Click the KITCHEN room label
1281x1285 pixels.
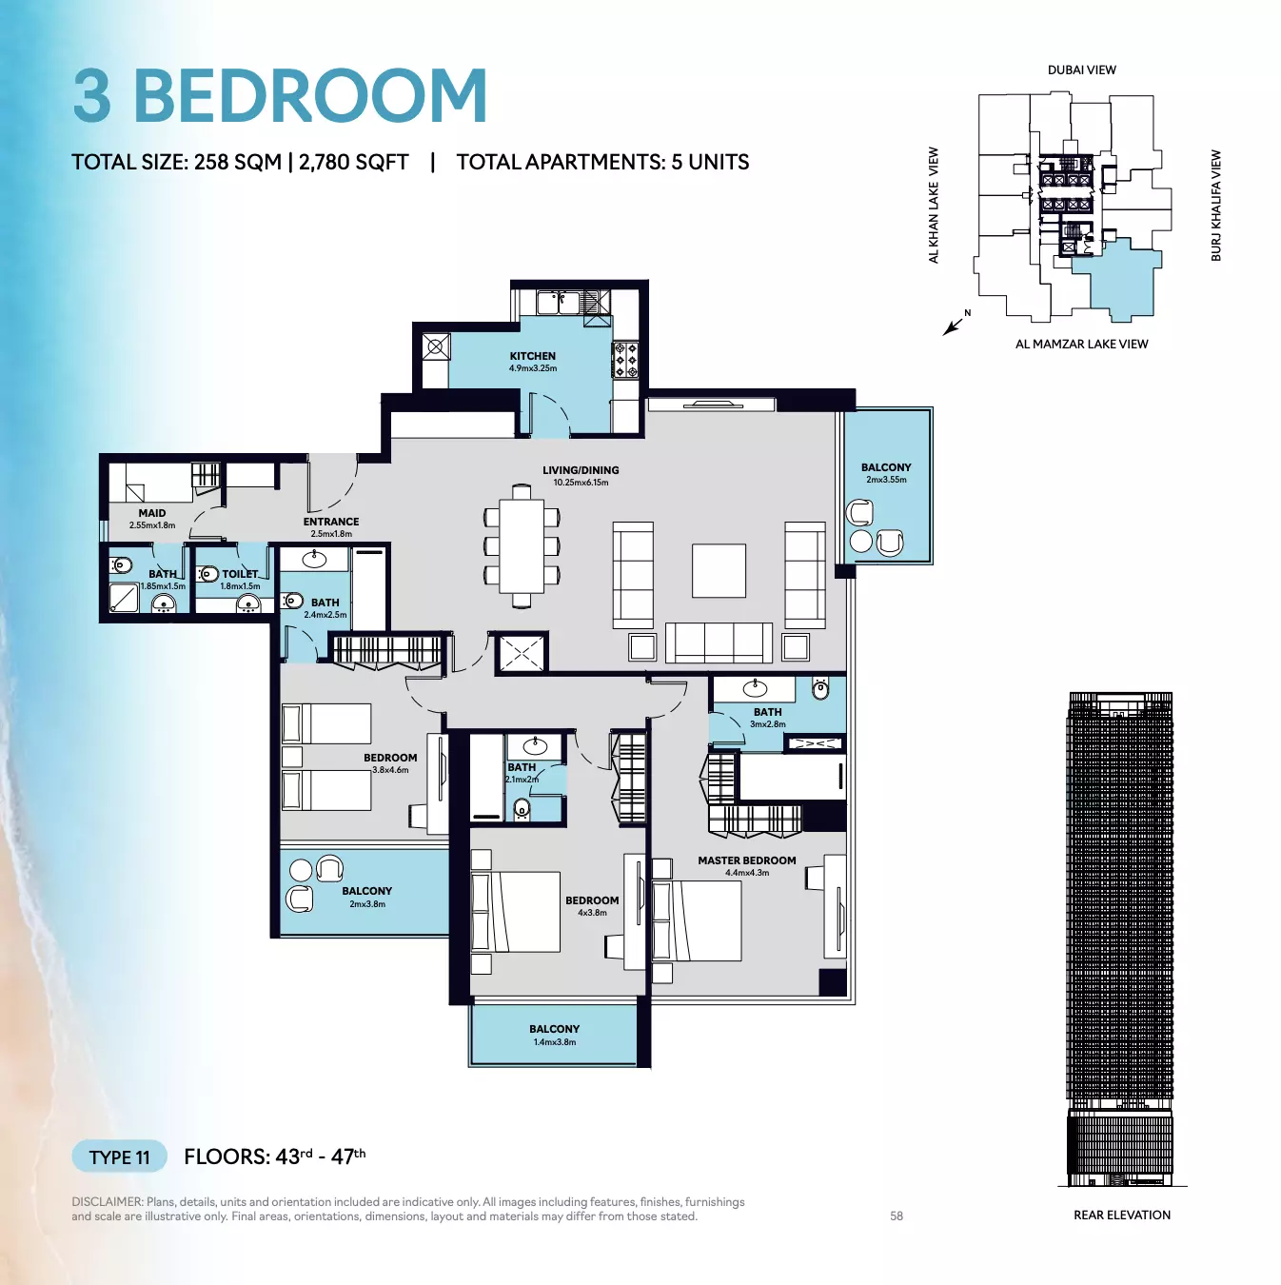[x=532, y=356]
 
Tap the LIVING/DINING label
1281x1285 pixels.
[x=581, y=470]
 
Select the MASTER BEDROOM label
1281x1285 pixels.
[x=747, y=860]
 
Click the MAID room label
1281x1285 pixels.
[x=152, y=513]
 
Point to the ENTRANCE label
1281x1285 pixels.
[x=331, y=522]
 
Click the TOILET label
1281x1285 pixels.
[x=240, y=573]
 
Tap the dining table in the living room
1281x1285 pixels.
[x=522, y=545]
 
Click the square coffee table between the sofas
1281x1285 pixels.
[x=719, y=570]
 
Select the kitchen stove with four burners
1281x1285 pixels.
[x=625, y=360]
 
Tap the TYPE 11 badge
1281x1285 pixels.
[x=119, y=1156]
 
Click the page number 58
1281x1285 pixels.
[x=897, y=1216]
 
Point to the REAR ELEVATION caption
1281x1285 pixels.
[x=1122, y=1215]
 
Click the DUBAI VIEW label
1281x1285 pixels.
[x=1081, y=70]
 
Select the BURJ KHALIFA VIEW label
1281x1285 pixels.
[x=1215, y=206]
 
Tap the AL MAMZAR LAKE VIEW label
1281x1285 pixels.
[x=1081, y=344]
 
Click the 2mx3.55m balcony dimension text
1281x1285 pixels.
[x=885, y=480]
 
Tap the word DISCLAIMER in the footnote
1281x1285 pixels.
[x=107, y=1201]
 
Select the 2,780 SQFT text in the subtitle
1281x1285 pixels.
[x=353, y=162]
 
